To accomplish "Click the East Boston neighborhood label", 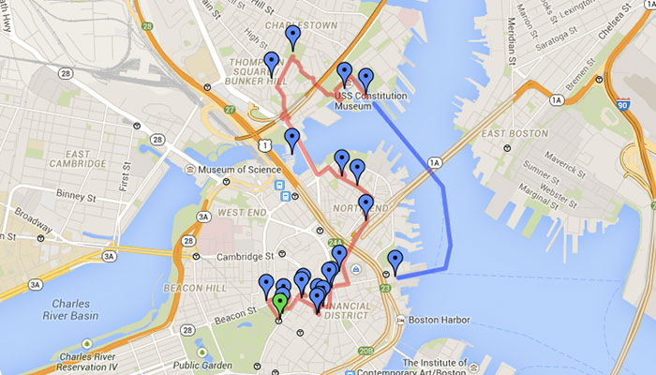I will point(514,134).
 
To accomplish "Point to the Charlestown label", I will point(300,25).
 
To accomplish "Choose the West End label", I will point(240,213).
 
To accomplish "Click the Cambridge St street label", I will point(235,255).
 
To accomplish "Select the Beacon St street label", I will point(238,308).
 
